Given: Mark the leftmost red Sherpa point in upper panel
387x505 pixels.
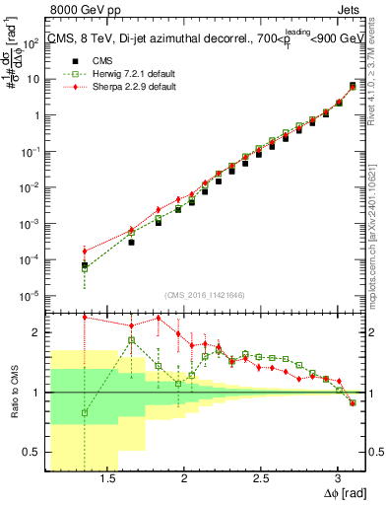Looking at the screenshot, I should pyautogui.click(x=85, y=251).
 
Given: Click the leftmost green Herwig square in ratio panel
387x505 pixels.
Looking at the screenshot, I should pyautogui.click(x=85, y=413).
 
